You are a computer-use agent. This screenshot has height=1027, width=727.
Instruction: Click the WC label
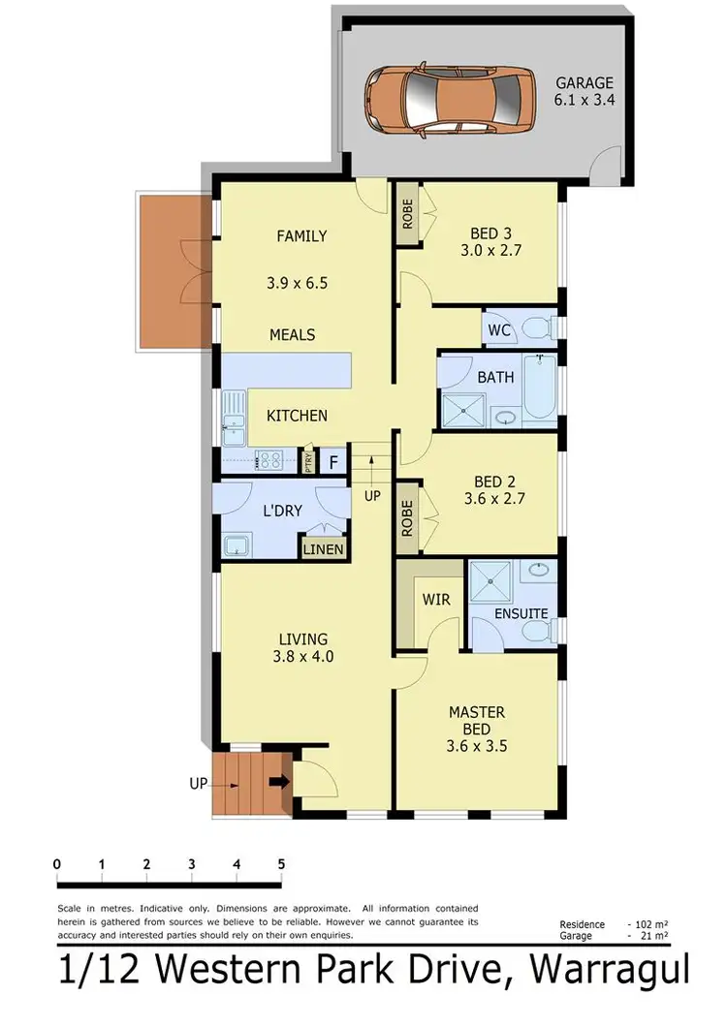499,330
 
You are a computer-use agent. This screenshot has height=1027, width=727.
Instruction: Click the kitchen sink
233,411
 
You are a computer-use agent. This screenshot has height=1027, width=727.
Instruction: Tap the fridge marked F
333,461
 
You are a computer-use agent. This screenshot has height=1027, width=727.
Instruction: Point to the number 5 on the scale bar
281,864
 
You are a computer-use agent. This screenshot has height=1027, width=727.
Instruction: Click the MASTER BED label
477,720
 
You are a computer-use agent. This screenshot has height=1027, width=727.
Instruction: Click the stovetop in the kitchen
269,461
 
